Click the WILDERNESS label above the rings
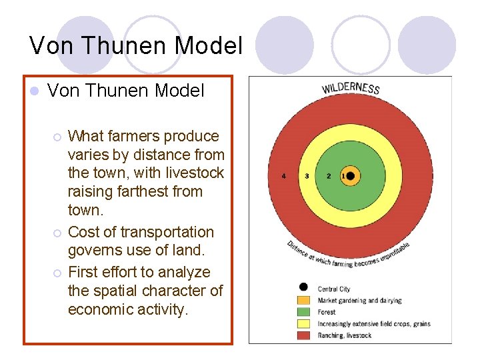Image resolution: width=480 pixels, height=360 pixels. [x=351, y=88]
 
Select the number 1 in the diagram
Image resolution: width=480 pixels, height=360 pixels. [x=343, y=176]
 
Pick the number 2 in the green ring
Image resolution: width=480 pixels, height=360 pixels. [x=328, y=176]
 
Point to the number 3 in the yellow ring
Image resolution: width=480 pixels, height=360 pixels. [x=307, y=176]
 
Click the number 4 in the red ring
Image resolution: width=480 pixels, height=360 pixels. [x=284, y=176]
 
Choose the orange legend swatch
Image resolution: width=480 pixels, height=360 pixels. [x=304, y=301]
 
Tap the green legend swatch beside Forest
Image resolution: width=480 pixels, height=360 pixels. [x=304, y=312]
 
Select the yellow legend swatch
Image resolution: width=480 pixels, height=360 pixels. [x=304, y=323]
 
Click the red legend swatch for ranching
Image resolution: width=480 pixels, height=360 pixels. [x=304, y=335]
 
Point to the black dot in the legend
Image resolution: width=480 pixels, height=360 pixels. [x=304, y=287]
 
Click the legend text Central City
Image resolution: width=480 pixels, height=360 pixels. [x=334, y=289]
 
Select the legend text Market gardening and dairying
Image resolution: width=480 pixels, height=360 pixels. [x=360, y=301]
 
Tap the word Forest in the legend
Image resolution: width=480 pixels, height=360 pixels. [x=327, y=312]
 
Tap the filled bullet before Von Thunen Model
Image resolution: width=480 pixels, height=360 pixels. [x=35, y=91]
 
